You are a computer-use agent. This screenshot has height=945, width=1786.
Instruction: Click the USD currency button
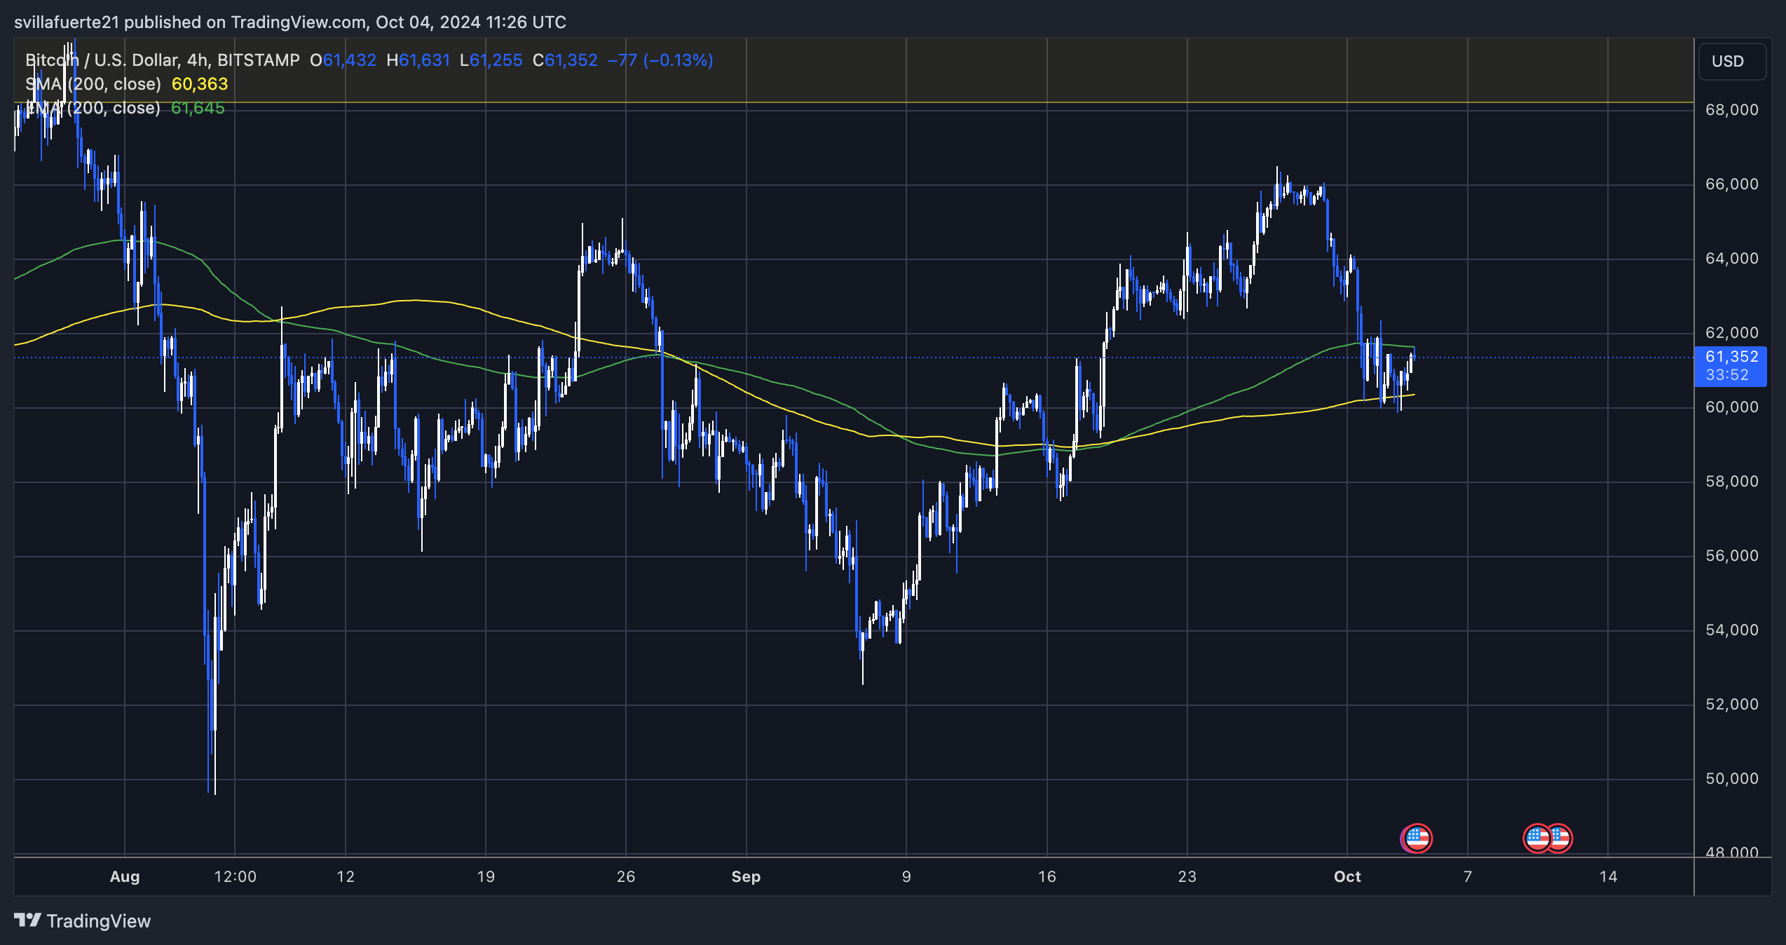pyautogui.click(x=1728, y=62)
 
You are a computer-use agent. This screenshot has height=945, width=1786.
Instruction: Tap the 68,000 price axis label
pyautogui.click(x=1731, y=110)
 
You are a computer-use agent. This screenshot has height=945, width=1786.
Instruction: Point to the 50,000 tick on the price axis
pyautogui.click(x=1731, y=779)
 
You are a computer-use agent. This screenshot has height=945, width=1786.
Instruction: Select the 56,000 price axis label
pyautogui.click(x=1731, y=556)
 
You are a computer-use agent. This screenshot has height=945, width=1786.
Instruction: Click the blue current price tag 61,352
pyautogui.click(x=1730, y=358)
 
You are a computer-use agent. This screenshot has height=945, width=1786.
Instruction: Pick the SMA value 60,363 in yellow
pyautogui.click(x=200, y=84)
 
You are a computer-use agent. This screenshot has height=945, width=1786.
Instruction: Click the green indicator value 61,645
pyautogui.click(x=198, y=108)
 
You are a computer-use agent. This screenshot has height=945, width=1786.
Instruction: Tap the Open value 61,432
pyautogui.click(x=349, y=60)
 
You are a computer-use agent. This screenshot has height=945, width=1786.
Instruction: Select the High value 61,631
pyautogui.click(x=424, y=60)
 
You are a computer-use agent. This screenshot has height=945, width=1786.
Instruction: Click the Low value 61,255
pyautogui.click(x=496, y=60)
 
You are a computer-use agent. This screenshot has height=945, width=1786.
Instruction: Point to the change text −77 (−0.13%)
pyautogui.click(x=660, y=60)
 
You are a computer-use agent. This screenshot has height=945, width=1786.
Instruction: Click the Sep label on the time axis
pyautogui.click(x=746, y=877)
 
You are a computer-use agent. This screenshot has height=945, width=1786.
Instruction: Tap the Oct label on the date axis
pyautogui.click(x=1347, y=877)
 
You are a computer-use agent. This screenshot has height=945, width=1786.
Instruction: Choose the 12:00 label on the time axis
pyautogui.click(x=235, y=877)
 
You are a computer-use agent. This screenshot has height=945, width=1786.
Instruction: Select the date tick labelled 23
pyautogui.click(x=1187, y=877)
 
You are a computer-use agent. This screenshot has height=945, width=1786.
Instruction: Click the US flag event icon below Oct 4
pyautogui.click(x=1417, y=838)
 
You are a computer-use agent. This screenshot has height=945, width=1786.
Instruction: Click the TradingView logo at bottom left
pyautogui.click(x=83, y=921)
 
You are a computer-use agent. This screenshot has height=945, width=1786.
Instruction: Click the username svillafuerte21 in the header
pyautogui.click(x=67, y=22)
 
